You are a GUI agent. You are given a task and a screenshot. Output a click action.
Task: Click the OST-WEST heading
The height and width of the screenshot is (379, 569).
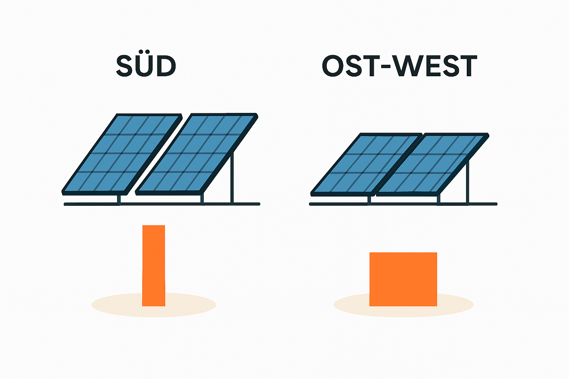tap(399, 66)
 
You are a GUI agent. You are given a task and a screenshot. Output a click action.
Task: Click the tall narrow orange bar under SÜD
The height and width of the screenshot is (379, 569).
tap(153, 265)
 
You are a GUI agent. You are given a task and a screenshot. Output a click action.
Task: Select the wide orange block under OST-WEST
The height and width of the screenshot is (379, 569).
tap(403, 279)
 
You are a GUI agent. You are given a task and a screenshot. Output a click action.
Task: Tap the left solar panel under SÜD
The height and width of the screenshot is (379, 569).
tap(122, 153)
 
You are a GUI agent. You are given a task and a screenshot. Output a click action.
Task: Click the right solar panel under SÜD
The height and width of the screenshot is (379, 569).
tap(196, 153)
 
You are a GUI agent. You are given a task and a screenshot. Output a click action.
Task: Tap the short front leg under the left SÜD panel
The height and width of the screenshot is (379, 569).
tap(119, 199)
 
